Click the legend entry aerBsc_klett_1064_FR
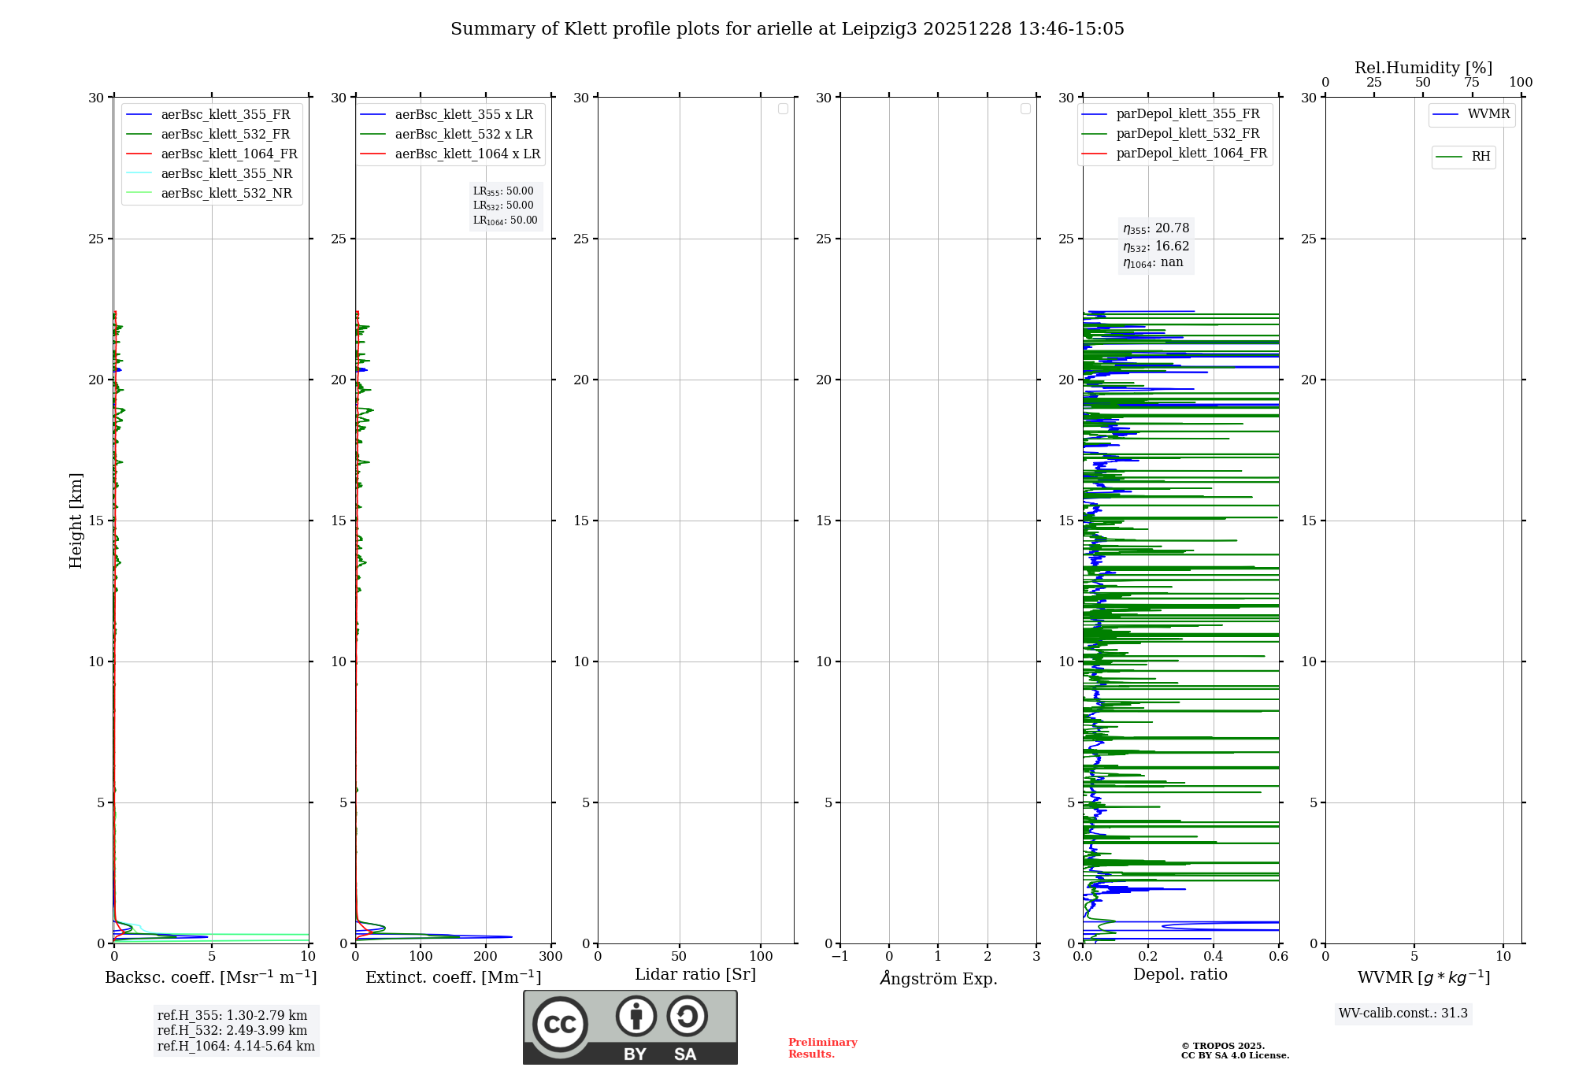228,154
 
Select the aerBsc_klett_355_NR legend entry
226,174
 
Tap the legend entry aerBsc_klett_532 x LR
463,135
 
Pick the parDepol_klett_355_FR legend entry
1187,114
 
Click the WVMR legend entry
1488,114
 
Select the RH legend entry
1480,157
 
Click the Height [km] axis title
76,521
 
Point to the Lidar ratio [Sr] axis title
695,975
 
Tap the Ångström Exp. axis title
938,979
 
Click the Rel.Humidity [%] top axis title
1423,68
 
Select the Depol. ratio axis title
1180,975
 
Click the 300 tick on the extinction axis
550,957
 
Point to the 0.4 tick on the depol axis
1214,957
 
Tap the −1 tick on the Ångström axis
839,957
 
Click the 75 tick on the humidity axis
1472,83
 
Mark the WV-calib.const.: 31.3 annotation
1403,1014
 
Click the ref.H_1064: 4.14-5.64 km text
235,1047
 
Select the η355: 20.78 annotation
1156,228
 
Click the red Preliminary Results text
822,1048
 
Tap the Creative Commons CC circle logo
560,1025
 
